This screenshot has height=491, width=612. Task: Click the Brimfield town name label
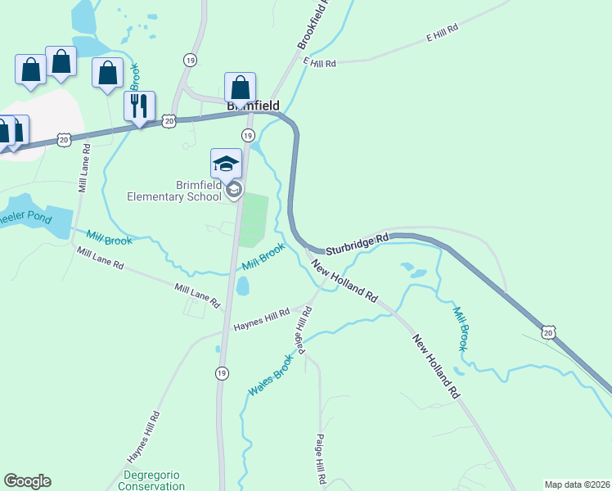coord(253,106)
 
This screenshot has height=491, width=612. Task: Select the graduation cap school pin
coord(226,164)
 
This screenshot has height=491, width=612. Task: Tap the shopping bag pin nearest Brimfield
coord(240,88)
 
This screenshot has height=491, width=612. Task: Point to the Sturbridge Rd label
coord(357,243)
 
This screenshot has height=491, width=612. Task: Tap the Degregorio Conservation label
coord(154,480)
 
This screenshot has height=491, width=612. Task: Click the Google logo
coord(27,481)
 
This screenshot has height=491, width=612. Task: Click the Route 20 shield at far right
coord(548,331)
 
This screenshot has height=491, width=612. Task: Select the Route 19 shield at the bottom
coord(222,373)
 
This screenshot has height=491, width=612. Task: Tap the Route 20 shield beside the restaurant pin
coord(169,120)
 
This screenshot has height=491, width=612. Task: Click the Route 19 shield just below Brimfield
coord(247,135)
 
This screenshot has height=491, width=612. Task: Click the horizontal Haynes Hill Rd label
coord(262,319)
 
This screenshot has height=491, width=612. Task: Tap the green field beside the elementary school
coord(254,218)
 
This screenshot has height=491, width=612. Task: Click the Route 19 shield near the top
coord(190,60)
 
